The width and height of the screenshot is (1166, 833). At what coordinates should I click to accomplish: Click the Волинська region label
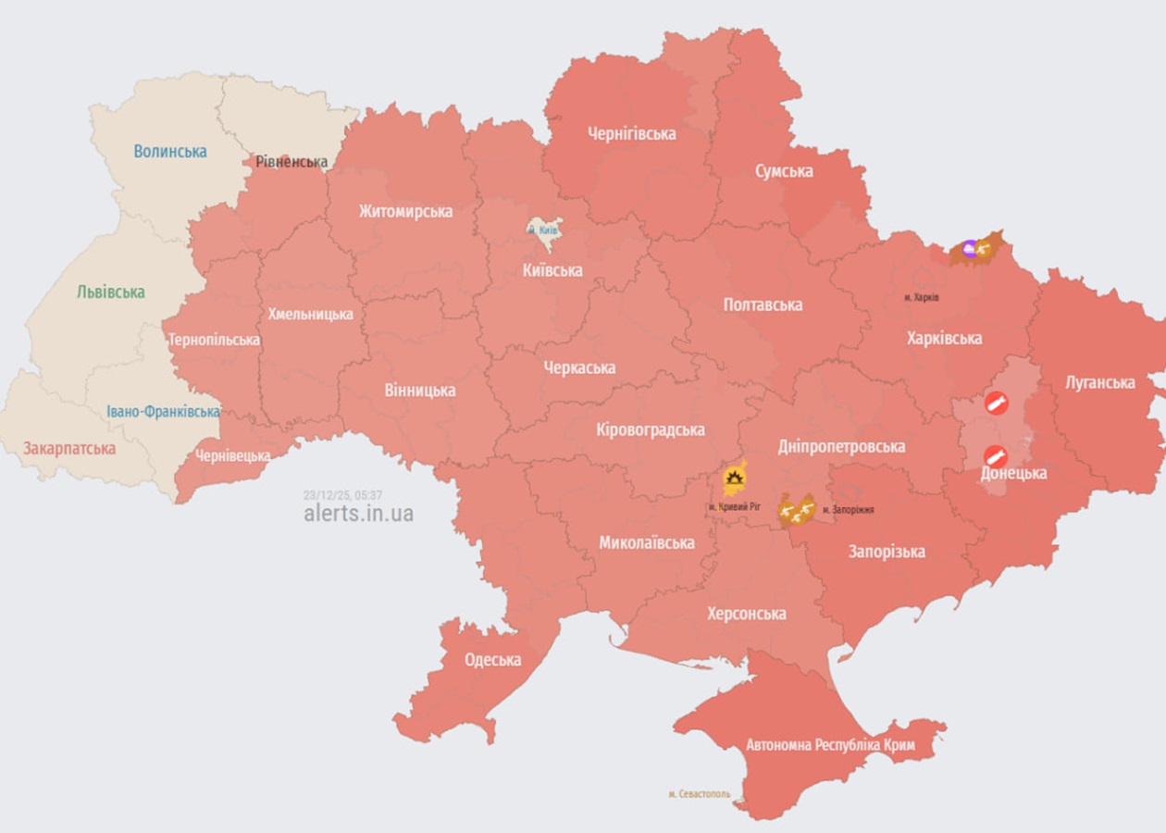click(x=170, y=151)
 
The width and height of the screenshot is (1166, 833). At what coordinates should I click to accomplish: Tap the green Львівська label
click(x=111, y=292)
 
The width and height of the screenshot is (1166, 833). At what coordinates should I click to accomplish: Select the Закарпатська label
click(x=69, y=449)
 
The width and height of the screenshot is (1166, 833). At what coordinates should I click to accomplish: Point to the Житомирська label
click(x=405, y=211)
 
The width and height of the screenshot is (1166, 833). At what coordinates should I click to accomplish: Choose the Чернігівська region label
click(x=631, y=133)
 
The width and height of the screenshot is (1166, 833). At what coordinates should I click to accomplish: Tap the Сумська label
click(x=783, y=171)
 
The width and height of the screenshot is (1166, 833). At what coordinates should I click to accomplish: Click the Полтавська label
click(x=763, y=305)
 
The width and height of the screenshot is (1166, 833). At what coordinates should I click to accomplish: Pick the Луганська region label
click(x=1099, y=382)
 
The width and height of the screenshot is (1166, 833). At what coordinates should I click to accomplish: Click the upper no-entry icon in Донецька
click(x=996, y=402)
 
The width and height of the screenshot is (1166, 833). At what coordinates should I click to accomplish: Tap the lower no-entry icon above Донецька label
click(x=995, y=455)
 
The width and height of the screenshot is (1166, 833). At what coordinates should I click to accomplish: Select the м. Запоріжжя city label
click(x=848, y=509)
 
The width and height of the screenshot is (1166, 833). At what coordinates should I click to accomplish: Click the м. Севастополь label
click(x=699, y=794)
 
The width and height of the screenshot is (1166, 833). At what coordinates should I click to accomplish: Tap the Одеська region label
click(x=492, y=660)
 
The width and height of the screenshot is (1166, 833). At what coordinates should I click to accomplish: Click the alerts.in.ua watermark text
click(x=358, y=514)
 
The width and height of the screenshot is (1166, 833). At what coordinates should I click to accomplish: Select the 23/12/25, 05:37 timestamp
click(x=342, y=495)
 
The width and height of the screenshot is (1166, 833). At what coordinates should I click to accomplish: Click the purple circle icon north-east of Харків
click(x=969, y=246)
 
